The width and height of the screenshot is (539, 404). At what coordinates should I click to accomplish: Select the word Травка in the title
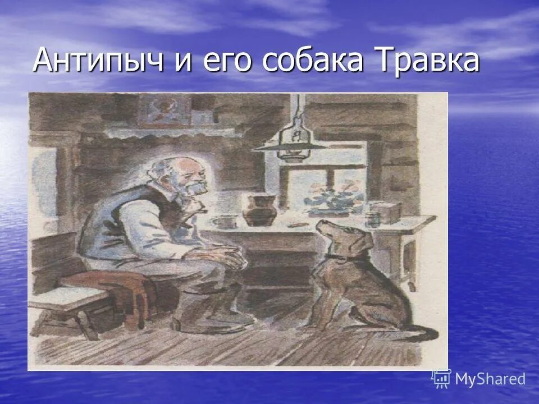pos(429,60)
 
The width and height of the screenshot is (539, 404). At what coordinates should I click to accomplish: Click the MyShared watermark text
pos(490,379)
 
